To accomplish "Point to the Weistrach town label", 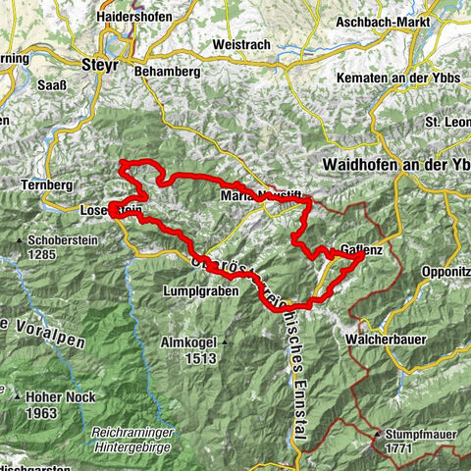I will tap(231, 44).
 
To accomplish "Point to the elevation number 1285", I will tap(56, 254).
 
